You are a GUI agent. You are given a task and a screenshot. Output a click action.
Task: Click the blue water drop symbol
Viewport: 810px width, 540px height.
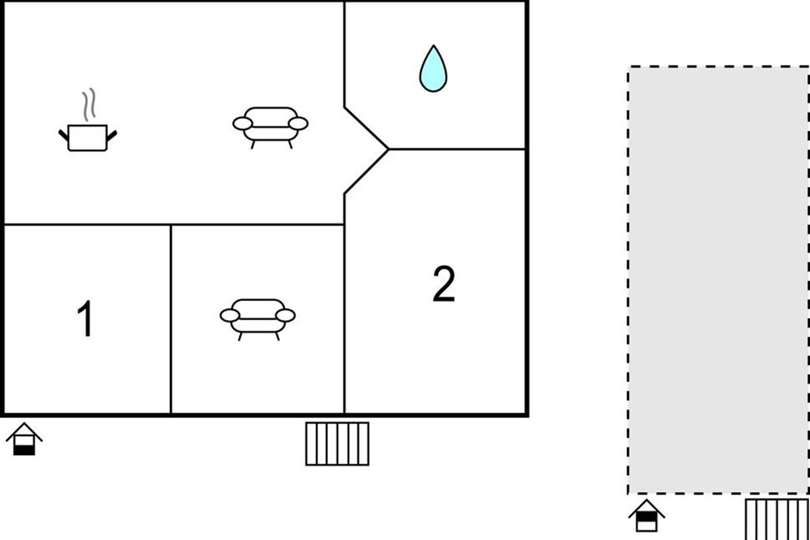(433, 69)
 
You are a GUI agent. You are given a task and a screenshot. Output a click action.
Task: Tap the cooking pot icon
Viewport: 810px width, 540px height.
(88, 138)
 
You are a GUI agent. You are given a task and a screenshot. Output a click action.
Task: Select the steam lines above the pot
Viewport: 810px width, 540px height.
(89, 104)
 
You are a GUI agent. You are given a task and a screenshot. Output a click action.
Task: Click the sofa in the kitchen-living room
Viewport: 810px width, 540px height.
(271, 128)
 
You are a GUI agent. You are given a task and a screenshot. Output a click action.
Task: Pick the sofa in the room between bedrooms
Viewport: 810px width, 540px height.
(258, 319)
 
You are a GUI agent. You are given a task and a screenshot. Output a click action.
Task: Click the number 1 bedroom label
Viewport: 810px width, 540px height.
(85, 319)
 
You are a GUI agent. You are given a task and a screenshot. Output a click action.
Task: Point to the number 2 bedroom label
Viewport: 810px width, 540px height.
(444, 284)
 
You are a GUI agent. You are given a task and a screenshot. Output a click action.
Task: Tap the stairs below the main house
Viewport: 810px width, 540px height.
(337, 443)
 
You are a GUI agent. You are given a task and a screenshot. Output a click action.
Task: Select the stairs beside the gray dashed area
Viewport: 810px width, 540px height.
(777, 519)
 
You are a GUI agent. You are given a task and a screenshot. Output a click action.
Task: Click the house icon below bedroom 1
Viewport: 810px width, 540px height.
(24, 439)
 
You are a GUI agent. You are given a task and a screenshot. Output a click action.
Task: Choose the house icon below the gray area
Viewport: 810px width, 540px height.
(647, 516)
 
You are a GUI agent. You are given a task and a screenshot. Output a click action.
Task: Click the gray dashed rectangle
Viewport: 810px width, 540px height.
(718, 280)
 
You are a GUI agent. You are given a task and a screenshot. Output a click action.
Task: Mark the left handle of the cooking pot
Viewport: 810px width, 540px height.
(63, 135)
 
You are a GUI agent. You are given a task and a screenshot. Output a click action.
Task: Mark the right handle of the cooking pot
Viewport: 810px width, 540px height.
(112, 136)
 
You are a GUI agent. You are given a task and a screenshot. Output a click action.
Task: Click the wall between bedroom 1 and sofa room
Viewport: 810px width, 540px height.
(171, 319)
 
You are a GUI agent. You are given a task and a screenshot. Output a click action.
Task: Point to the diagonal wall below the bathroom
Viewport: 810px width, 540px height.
(367, 128)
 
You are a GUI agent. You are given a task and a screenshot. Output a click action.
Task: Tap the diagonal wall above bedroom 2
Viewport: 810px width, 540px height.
(367, 171)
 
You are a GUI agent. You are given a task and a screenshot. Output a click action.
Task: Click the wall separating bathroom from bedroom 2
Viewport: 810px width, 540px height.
(457, 149)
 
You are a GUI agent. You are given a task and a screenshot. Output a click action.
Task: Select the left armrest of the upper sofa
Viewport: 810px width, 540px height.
(242, 124)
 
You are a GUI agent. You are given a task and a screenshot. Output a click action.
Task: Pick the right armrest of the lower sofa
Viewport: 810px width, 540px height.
(286, 315)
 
